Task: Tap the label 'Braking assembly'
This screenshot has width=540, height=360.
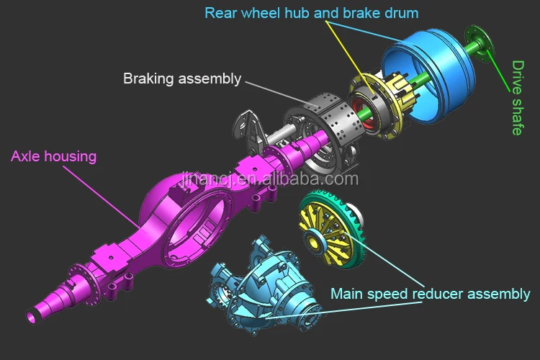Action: click(x=181, y=78)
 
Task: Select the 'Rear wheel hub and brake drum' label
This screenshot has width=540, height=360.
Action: click(x=311, y=13)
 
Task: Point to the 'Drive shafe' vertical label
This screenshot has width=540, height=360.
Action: click(x=518, y=98)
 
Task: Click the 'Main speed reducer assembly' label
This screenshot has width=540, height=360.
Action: click(x=430, y=294)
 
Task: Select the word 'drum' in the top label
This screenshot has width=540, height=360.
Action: click(x=400, y=13)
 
